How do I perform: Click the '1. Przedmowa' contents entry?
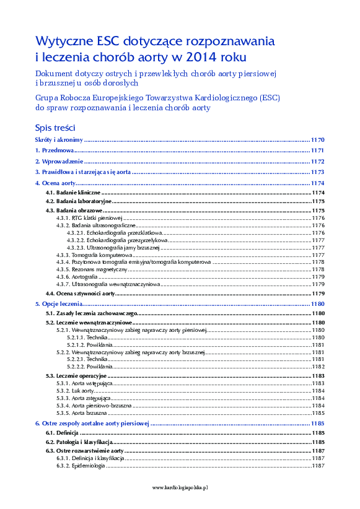(x=55, y=150)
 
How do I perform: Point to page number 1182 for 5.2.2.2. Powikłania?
(x=318, y=367)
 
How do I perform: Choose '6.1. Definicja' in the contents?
(x=63, y=432)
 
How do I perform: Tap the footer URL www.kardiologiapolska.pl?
(x=180, y=487)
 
